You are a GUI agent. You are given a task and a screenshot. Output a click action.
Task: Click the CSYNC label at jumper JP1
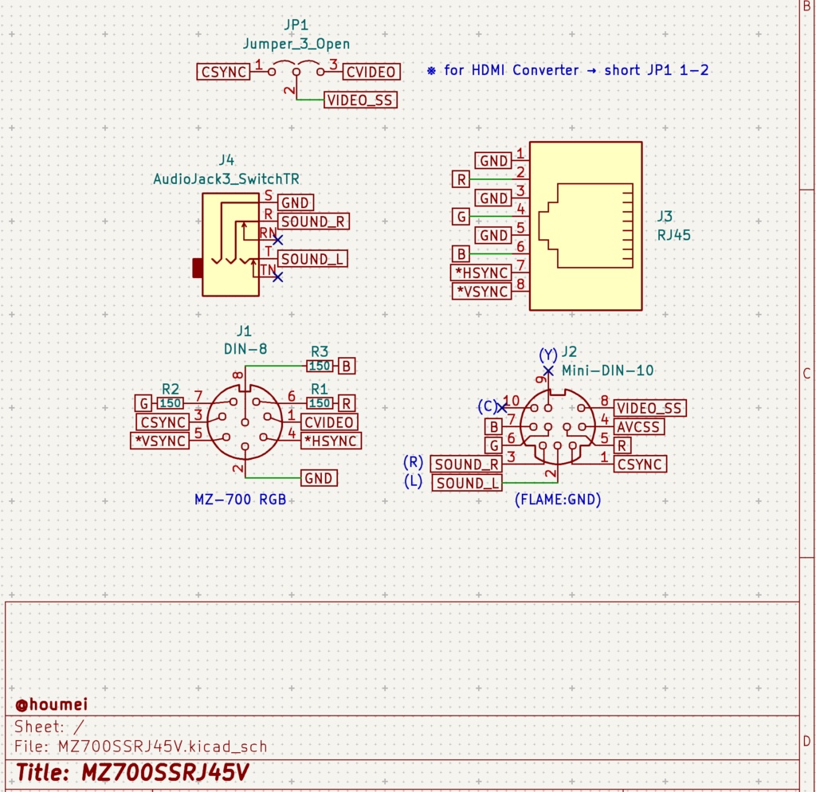click(x=223, y=72)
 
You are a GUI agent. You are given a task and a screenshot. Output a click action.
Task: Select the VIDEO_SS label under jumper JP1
click(x=360, y=100)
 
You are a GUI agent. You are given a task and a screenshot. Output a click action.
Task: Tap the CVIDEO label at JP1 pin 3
click(x=371, y=73)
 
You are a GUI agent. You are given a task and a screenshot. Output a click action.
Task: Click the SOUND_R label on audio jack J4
click(x=313, y=222)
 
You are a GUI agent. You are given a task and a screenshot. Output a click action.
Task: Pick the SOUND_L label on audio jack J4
click(x=312, y=259)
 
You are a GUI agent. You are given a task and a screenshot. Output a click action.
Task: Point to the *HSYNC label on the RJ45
click(x=481, y=272)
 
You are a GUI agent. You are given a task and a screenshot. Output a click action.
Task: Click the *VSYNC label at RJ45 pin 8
click(x=481, y=292)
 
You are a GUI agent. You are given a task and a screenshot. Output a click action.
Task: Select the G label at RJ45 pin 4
click(x=461, y=216)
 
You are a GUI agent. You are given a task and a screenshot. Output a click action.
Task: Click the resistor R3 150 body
click(x=320, y=366)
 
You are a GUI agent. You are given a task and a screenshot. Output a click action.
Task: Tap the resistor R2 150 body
click(x=171, y=403)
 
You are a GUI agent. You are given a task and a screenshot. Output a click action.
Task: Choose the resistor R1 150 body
click(x=320, y=403)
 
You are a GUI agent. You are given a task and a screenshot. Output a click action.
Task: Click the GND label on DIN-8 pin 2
click(x=319, y=478)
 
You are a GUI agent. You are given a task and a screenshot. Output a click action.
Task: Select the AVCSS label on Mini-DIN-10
click(x=639, y=426)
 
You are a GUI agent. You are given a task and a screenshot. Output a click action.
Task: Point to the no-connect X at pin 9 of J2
click(x=548, y=371)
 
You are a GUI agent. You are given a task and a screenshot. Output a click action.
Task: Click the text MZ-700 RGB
click(x=240, y=500)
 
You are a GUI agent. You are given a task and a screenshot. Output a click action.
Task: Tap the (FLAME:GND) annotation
click(x=558, y=500)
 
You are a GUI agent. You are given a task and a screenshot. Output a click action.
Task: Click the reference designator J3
click(x=665, y=216)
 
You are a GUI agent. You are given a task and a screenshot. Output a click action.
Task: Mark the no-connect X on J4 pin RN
click(x=277, y=239)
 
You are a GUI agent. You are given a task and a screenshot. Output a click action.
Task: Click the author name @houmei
click(x=51, y=704)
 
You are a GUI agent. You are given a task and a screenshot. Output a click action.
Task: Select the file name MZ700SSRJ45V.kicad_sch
click(x=162, y=747)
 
